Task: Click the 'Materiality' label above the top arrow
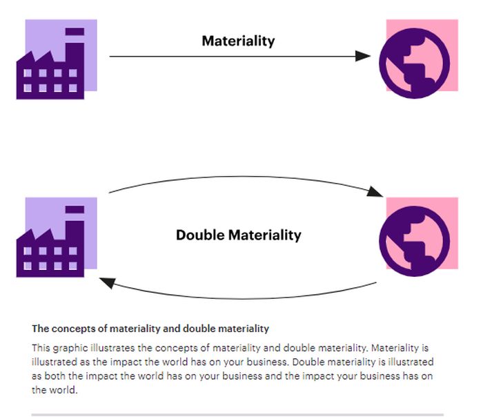pyautogui.click(x=238, y=41)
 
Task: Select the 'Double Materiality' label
pyautogui.click(x=238, y=235)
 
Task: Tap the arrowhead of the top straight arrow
pyautogui.click(x=363, y=56)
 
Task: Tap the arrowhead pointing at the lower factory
pyautogui.click(x=107, y=280)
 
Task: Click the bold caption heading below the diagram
pyautogui.click(x=150, y=329)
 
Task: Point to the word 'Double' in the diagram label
pyautogui.click(x=200, y=235)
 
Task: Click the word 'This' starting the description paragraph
pyautogui.click(x=41, y=348)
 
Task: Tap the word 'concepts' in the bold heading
pyautogui.click(x=71, y=329)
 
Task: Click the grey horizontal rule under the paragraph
pyautogui.click(x=237, y=414)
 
